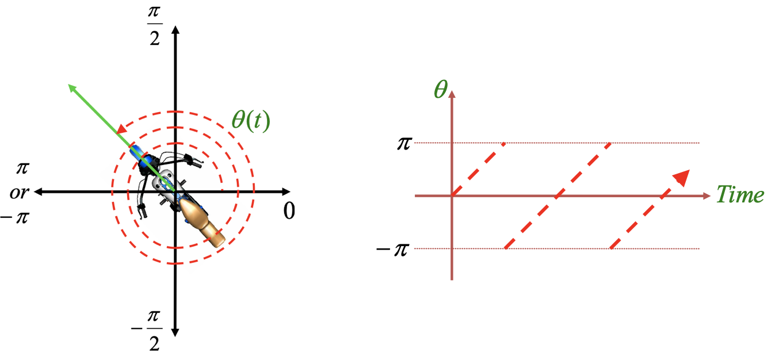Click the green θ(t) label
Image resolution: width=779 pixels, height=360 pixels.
click(x=250, y=121)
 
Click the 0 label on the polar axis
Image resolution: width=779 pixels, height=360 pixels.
click(x=289, y=212)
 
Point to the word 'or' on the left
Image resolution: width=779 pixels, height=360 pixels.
click(x=19, y=192)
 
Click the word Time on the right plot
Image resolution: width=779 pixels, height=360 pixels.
click(x=740, y=196)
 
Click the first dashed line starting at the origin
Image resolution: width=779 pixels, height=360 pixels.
click(x=479, y=169)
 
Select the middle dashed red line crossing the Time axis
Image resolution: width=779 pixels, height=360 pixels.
click(x=557, y=196)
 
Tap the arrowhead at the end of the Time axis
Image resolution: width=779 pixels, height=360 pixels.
click(x=707, y=196)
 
